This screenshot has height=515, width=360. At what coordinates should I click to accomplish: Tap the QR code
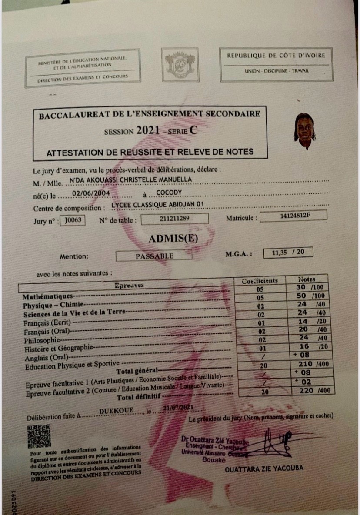39,436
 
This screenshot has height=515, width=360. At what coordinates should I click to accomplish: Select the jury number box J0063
72,220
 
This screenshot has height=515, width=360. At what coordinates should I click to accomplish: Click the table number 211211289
174,219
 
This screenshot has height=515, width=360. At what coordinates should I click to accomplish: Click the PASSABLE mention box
154,256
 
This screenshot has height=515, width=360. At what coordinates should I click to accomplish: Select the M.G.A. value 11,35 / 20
288,253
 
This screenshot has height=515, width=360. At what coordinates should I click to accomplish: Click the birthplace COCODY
169,193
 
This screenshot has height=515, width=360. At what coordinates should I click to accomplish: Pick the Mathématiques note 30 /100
308,288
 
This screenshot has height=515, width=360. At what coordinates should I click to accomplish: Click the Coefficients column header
260,281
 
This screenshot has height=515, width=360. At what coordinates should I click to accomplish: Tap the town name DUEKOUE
116,411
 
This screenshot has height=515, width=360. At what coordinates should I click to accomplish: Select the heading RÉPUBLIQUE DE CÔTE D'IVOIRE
276,56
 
